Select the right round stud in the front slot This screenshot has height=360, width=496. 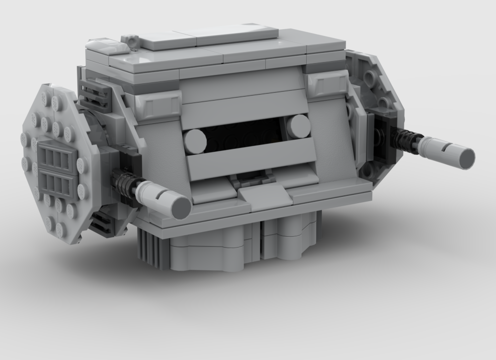click(298, 127)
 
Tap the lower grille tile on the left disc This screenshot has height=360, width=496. click(58, 183)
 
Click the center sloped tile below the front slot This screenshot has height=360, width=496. click(266, 197)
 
